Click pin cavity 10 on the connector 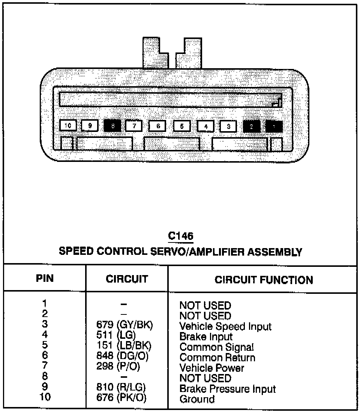[x=68, y=126]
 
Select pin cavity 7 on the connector [x=134, y=126]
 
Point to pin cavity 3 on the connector [x=228, y=126]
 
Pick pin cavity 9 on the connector [x=90, y=126]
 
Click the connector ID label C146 [x=180, y=236]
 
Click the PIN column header [x=45, y=278]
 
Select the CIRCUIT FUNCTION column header [x=264, y=280]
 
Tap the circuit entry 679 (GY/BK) [x=125, y=326]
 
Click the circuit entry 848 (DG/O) [x=123, y=356]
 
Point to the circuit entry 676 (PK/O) [x=121, y=397]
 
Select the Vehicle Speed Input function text [x=225, y=326]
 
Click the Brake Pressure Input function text [x=228, y=389]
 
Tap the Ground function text [x=197, y=399]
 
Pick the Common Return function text [x=217, y=358]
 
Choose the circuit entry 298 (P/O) [x=118, y=367]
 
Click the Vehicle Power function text [x=212, y=368]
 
